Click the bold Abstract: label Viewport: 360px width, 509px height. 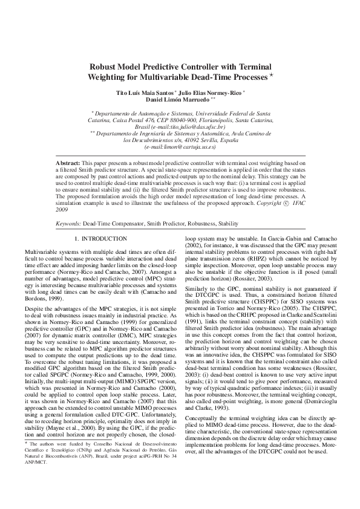coord(68,164)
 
